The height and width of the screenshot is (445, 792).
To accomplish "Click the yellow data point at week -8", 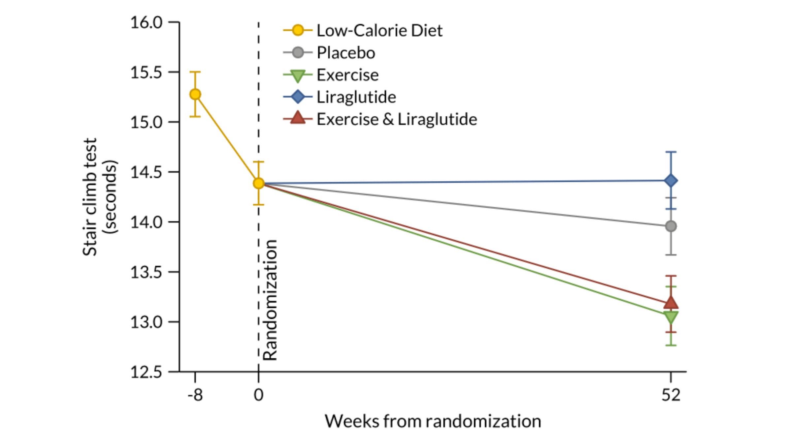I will [x=195, y=94].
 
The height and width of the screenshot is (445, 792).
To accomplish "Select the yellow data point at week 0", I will [x=259, y=183].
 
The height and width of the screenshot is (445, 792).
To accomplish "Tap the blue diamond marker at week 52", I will [x=671, y=181].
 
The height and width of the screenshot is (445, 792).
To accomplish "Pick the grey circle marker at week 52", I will [x=671, y=226].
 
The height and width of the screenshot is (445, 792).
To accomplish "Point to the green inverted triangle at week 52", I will [x=671, y=317].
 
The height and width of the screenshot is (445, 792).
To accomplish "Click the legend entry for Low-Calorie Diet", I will [x=379, y=30].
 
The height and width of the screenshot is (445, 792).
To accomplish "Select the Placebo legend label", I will [x=346, y=53].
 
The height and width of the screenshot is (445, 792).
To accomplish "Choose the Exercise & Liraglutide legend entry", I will [x=396, y=119].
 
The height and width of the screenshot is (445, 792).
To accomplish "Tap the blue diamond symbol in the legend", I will [x=298, y=97].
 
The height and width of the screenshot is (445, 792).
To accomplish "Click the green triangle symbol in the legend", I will [x=298, y=75].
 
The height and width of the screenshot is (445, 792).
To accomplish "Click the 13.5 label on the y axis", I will [x=147, y=272].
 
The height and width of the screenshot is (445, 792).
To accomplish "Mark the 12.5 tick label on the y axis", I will [x=147, y=372].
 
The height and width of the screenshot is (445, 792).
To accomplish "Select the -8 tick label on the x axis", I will [x=195, y=395].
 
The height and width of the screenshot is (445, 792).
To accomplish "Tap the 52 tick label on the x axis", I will [x=671, y=395].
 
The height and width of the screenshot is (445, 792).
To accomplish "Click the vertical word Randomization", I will [x=270, y=300].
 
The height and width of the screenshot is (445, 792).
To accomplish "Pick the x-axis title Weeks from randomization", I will [x=433, y=421].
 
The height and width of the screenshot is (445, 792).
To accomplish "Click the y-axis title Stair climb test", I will [x=90, y=197].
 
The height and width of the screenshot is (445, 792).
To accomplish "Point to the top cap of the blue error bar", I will [x=671, y=152].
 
